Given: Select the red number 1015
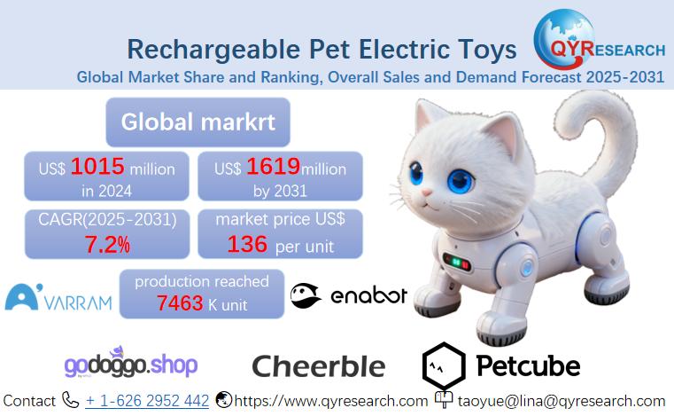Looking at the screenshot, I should [98, 167].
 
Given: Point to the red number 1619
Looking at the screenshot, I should [273, 167].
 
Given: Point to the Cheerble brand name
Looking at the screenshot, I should [319, 365].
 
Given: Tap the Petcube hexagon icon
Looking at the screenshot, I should [443, 365].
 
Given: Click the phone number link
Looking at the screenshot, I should [147, 401].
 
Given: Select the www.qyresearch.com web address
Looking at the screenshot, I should [330, 401].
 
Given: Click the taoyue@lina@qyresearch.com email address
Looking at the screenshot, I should [561, 401].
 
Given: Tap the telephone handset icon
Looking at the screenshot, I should [71, 401].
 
